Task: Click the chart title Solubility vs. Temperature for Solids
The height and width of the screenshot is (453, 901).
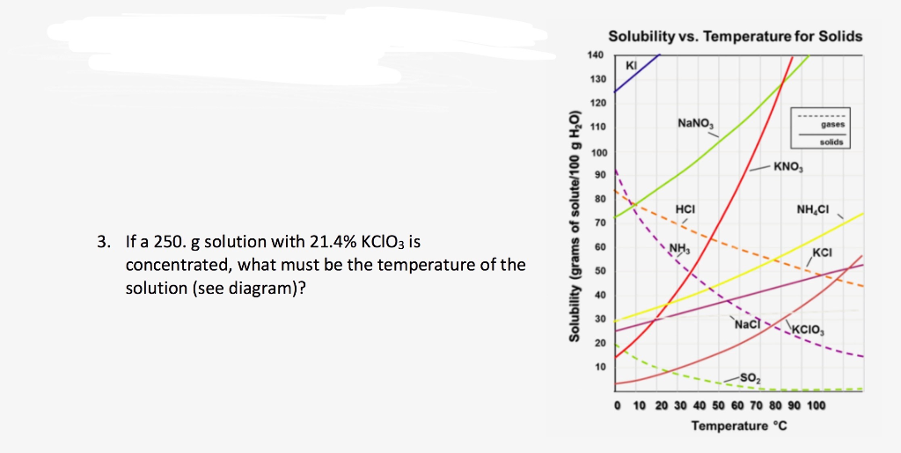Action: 735,36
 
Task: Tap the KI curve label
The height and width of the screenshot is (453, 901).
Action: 630,66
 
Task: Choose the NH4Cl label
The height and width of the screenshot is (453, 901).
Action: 813,208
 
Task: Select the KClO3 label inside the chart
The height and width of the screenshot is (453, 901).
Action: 809,331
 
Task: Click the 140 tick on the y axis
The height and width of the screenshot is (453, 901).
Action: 595,55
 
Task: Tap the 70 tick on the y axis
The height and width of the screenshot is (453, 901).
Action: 598,223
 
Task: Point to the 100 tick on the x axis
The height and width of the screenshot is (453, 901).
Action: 816,406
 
